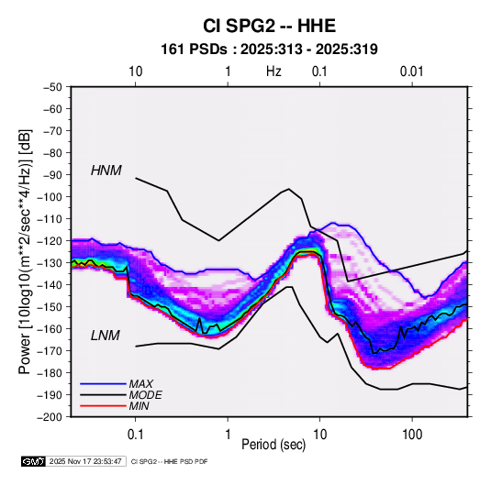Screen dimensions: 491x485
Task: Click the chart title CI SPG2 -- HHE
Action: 269,26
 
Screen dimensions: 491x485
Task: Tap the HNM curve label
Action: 106,171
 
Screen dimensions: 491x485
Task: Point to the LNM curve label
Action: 106,336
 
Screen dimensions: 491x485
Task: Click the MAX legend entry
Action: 141,384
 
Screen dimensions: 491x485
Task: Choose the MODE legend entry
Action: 145,395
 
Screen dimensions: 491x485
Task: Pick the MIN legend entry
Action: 139,406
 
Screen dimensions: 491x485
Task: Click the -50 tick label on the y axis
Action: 52,87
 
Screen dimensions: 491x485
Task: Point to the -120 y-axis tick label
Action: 50,241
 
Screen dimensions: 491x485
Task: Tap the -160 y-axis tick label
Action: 50,329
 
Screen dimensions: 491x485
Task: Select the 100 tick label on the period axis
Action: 412,435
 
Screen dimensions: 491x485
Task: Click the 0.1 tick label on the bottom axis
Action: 135,435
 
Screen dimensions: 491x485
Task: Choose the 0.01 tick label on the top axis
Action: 411,72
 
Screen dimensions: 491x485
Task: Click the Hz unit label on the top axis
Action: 273,72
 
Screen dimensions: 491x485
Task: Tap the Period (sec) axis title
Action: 273,445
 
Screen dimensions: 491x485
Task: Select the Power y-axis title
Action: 25,252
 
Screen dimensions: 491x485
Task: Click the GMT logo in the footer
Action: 34,461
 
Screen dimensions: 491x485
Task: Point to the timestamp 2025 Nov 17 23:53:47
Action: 85,461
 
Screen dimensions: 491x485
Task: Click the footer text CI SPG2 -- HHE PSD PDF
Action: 169,461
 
